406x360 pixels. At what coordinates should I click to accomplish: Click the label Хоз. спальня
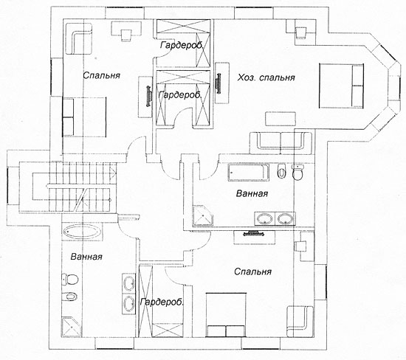click(x=266, y=77)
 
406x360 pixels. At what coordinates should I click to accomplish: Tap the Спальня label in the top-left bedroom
click(x=102, y=75)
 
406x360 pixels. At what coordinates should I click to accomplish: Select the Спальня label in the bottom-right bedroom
click(x=252, y=271)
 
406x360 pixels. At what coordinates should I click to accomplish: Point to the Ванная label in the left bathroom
click(x=86, y=257)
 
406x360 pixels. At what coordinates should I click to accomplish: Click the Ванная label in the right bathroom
click(x=252, y=193)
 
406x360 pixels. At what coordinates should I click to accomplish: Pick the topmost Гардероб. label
click(x=182, y=45)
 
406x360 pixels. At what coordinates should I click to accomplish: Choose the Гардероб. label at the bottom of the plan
click(x=162, y=302)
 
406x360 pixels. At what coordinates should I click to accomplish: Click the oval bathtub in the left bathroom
click(x=83, y=232)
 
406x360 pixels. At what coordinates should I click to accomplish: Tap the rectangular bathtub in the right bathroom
click(x=248, y=173)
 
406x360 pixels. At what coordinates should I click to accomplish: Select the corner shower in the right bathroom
click(x=203, y=216)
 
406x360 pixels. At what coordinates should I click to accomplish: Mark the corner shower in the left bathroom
click(x=71, y=327)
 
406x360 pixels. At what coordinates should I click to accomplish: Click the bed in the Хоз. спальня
click(x=341, y=86)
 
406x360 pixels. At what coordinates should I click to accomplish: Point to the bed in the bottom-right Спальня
click(x=226, y=315)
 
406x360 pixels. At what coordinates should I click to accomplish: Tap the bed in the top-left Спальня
click(x=84, y=117)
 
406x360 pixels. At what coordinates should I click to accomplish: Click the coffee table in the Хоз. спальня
click(x=281, y=119)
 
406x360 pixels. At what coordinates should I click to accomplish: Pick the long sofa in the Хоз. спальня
click(x=281, y=140)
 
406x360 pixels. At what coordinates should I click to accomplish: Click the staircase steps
click(x=80, y=187)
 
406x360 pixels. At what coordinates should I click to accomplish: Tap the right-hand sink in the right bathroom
click(x=285, y=219)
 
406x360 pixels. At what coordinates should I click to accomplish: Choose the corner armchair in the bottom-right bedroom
click(x=300, y=322)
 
